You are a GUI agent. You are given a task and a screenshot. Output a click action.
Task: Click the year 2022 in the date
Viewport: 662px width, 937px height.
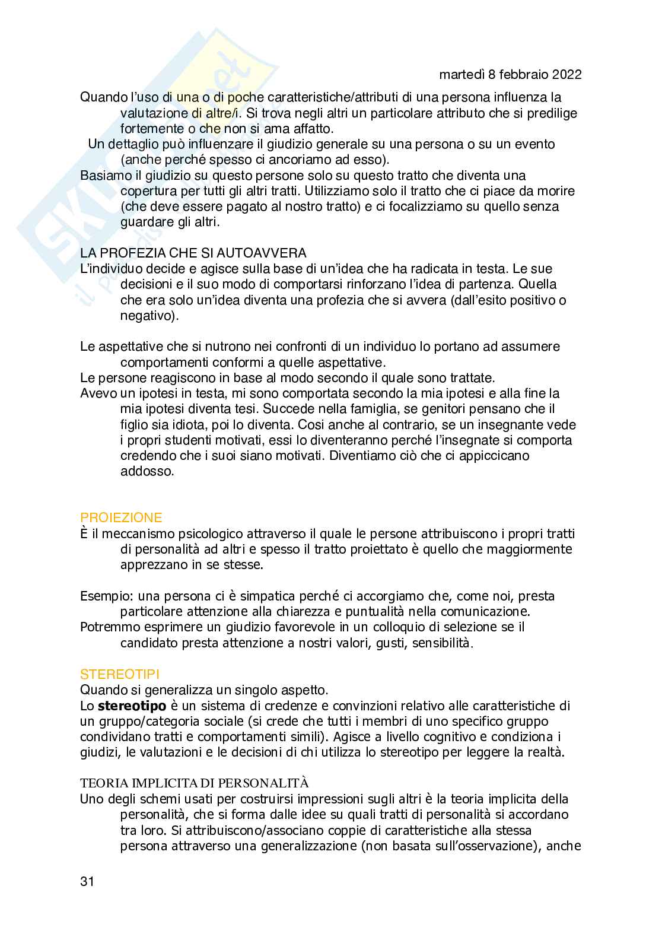pyautogui.click(x=565, y=75)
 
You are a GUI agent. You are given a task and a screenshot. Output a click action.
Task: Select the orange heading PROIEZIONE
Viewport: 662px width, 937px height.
pyautogui.click(x=121, y=517)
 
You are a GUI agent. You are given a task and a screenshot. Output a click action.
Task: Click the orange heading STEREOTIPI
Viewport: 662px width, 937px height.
pyautogui.click(x=120, y=674)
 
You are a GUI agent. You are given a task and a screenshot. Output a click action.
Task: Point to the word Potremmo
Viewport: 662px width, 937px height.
pyautogui.click(x=110, y=627)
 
